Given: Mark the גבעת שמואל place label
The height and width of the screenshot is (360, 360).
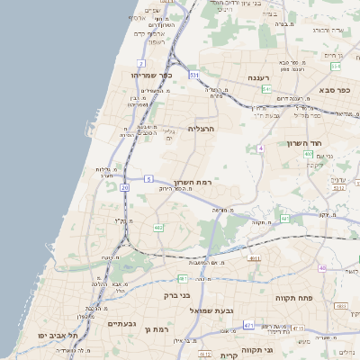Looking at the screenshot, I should coord(211,310).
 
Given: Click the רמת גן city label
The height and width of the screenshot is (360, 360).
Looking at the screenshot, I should coord(159,329).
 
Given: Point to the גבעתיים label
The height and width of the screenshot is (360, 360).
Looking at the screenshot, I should coord(121,322).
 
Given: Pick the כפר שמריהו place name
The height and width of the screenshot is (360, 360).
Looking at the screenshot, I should coord(145,75).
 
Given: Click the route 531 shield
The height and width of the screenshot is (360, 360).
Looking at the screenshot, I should coord(193,76).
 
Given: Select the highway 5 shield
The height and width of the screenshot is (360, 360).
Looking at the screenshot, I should coord(148,180).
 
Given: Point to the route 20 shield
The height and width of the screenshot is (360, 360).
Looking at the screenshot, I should coord(124,187).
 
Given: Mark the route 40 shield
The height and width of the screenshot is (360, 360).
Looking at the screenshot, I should coord(322,267).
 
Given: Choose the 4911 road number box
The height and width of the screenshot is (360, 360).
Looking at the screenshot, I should coord(255,258).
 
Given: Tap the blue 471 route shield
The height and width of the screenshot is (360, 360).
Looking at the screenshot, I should coord(248,325).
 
